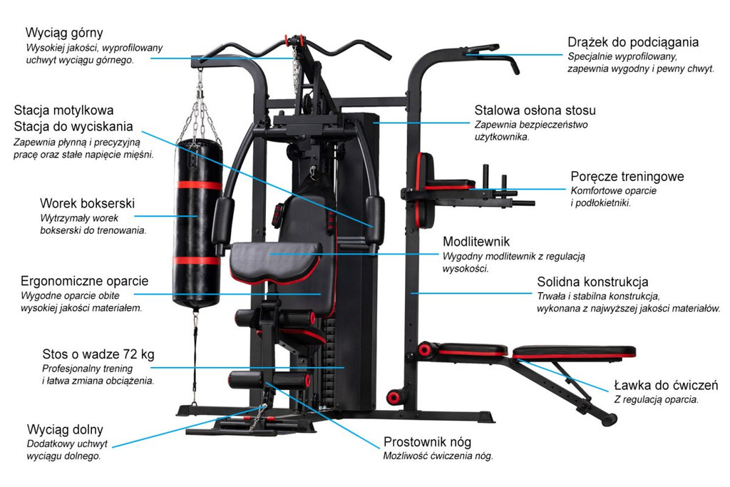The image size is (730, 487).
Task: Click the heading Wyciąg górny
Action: (x=64, y=33)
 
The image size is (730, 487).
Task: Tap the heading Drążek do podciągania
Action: (x=633, y=42)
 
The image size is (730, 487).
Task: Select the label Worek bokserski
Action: (x=87, y=203)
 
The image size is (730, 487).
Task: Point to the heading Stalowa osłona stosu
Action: (x=535, y=111)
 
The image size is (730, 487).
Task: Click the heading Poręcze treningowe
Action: (x=627, y=176)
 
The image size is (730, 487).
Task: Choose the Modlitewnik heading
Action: (x=476, y=242)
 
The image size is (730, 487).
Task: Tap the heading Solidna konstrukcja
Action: (x=592, y=282)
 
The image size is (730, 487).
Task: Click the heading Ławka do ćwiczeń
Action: (x=666, y=386)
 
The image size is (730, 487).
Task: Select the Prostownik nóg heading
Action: (x=427, y=442)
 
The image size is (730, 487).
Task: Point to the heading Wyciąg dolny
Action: (x=65, y=429)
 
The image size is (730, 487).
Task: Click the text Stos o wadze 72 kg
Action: (x=98, y=354)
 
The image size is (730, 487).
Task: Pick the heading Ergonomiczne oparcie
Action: (x=84, y=280)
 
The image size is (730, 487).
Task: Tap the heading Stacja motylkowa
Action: (x=63, y=111)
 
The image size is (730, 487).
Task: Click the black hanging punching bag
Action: (x=198, y=221)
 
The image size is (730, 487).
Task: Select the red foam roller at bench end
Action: (x=427, y=349)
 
